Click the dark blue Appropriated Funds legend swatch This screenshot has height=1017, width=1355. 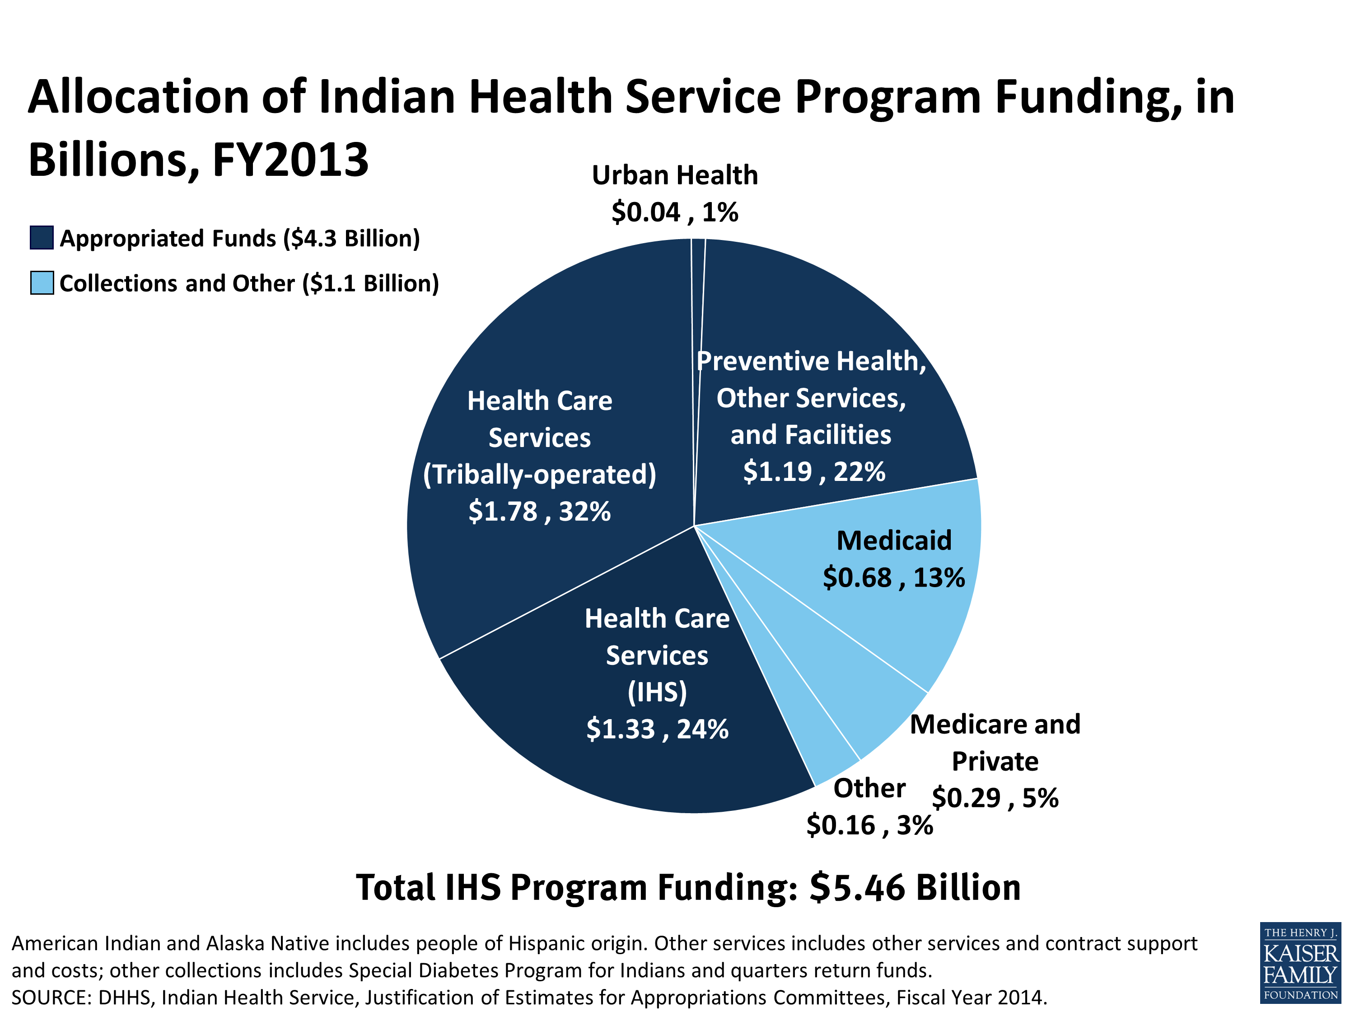[42, 238]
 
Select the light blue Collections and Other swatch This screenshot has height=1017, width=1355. [42, 283]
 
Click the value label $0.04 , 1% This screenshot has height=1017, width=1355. [674, 212]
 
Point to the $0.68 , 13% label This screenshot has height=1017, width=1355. [893, 578]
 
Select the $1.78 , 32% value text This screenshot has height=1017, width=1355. [539, 511]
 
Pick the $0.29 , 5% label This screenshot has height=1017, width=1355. [995, 797]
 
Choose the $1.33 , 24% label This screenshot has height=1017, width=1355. [657, 729]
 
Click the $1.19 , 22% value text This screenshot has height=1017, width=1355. [813, 471]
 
